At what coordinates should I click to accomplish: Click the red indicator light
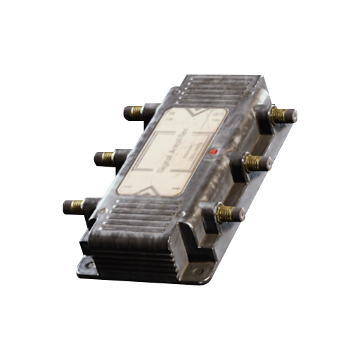coord(213,151)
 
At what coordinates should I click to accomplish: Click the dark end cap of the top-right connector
coord(292,115)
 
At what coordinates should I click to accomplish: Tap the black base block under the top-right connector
coord(267,121)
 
